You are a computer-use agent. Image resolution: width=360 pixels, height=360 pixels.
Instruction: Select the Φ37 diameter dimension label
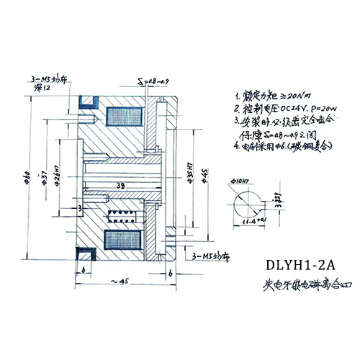click(x=45, y=179)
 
